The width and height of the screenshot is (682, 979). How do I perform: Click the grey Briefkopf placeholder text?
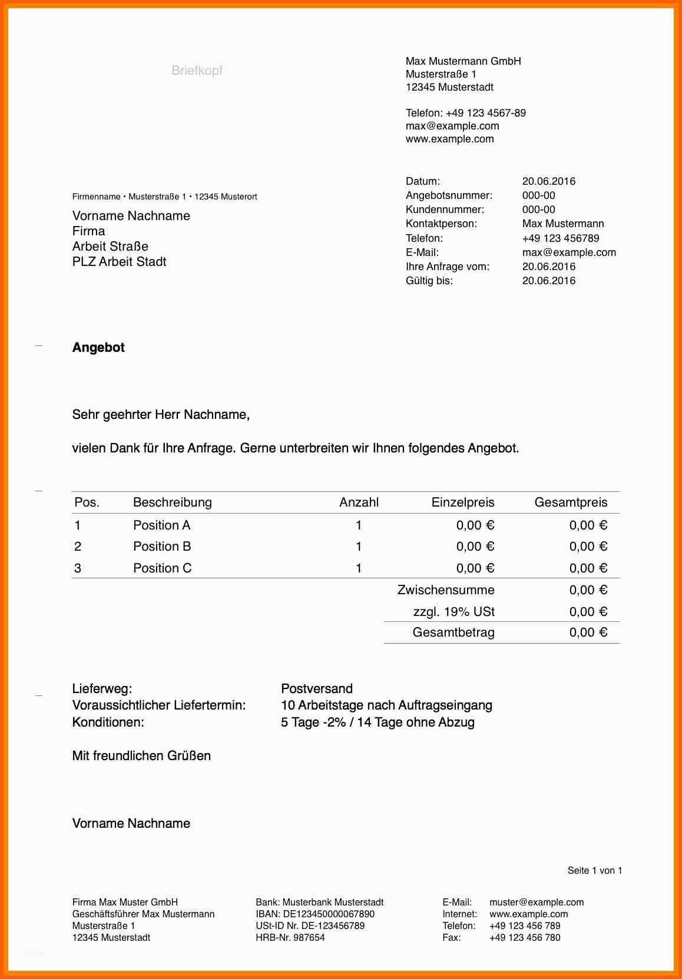[x=197, y=71]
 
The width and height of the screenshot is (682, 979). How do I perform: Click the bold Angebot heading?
[x=98, y=348]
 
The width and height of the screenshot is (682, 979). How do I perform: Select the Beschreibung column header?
[x=172, y=502]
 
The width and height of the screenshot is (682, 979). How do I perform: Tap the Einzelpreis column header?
[x=462, y=502]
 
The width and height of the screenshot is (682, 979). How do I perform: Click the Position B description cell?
[x=162, y=547]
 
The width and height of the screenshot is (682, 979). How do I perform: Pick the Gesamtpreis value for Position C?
[x=588, y=568]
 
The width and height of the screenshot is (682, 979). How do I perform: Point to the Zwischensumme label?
[x=446, y=590]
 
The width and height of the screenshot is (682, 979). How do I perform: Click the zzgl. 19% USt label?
[x=453, y=612]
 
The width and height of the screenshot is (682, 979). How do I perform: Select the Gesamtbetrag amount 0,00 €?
[x=588, y=632]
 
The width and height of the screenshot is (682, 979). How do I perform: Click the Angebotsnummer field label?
[x=449, y=195]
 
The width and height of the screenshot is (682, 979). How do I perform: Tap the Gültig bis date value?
[x=548, y=281]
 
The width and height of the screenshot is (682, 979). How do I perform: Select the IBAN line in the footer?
[x=314, y=914]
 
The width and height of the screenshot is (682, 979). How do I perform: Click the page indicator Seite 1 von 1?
[x=594, y=871]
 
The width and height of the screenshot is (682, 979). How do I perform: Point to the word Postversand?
[x=317, y=689]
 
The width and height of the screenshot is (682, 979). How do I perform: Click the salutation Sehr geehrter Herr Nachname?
[x=161, y=415]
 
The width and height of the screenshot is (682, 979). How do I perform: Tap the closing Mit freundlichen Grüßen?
[x=141, y=756]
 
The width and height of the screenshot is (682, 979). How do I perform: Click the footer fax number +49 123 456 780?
[x=525, y=938]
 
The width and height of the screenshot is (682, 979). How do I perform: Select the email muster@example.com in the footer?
[x=537, y=903]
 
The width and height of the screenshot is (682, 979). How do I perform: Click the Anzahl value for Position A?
[x=359, y=525]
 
